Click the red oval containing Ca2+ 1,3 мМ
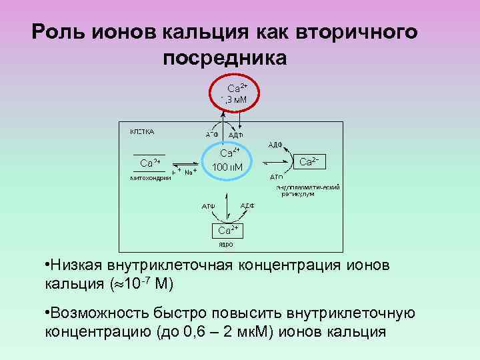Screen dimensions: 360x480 pyautogui.click(x=237, y=93)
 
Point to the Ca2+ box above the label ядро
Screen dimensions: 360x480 pyautogui.click(x=225, y=230)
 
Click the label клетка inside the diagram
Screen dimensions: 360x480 pyautogui.click(x=141, y=131)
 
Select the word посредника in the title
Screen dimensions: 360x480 pyautogui.click(x=225, y=58)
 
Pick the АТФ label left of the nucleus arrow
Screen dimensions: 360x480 pyautogui.click(x=209, y=205)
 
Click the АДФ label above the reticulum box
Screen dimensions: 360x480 pyautogui.click(x=276, y=145)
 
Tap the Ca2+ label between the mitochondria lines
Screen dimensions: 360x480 pyautogui.click(x=149, y=163)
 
